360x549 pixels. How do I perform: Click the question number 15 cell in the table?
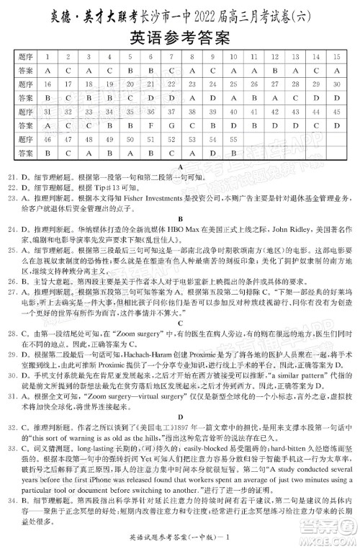coord(337,56)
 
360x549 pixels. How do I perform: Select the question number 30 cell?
coord(337,84)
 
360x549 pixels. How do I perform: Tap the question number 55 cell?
coord(233,139)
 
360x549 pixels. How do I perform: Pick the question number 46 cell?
coord(47,139)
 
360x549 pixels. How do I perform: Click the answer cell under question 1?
coord(47,71)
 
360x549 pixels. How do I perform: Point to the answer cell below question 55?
coord(233,153)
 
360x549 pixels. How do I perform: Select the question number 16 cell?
coord(47,84)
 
